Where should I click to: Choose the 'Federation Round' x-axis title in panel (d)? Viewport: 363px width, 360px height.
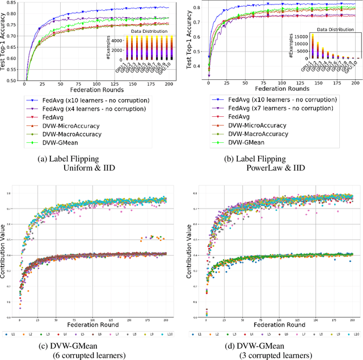point(279,325)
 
